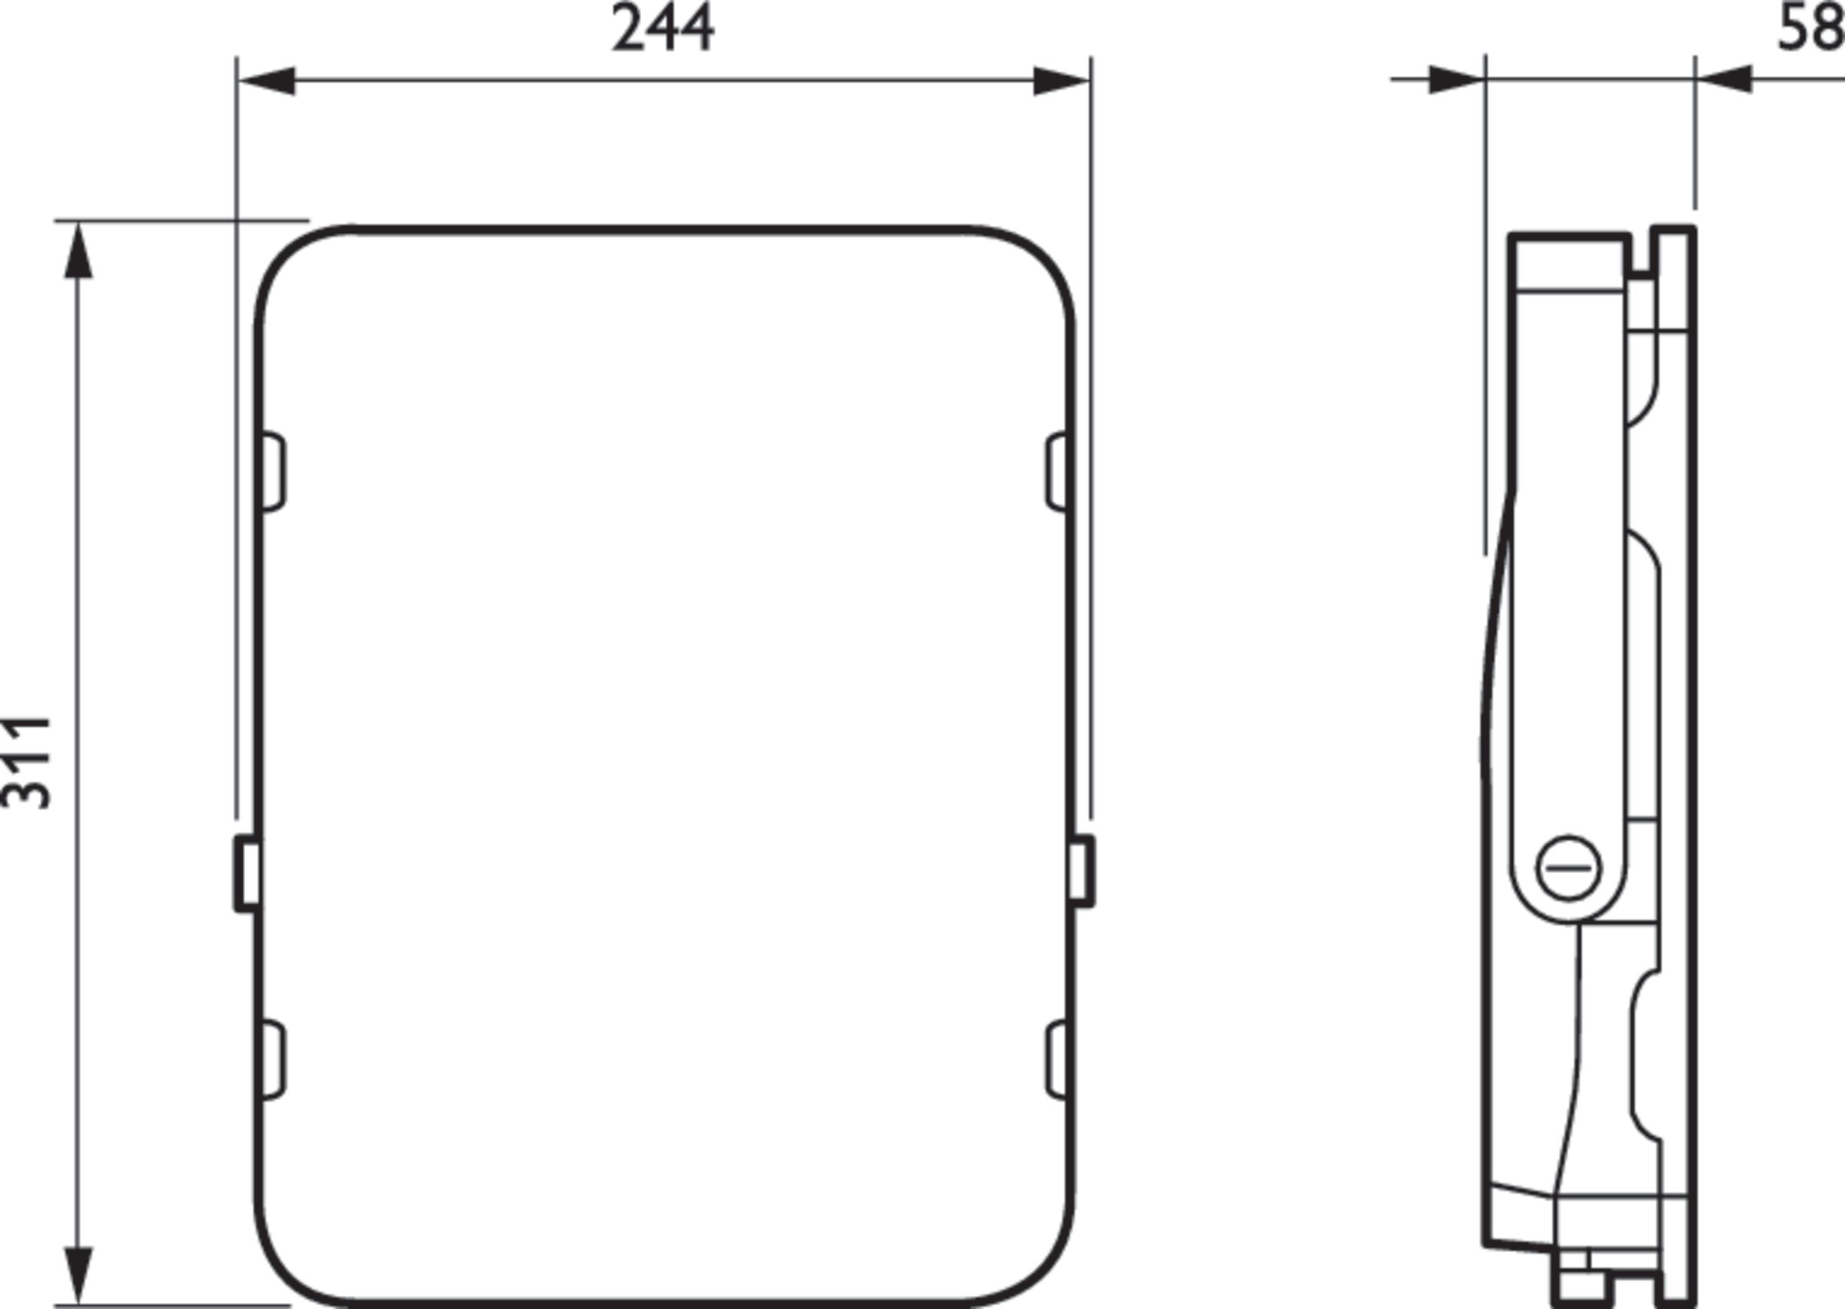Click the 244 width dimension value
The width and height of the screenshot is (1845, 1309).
coord(663,28)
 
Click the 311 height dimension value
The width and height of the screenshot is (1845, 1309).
coord(27,762)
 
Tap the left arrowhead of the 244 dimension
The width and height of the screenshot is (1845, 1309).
coord(267,81)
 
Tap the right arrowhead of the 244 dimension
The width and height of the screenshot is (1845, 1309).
coord(1062,81)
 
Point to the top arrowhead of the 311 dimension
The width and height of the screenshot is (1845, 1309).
coord(78,251)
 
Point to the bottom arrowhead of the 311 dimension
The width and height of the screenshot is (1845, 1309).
coord(78,1275)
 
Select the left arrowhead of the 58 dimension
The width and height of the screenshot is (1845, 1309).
coord(1458,80)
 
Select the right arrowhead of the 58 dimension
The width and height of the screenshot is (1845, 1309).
coord(1724,80)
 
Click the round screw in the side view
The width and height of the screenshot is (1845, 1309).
coord(1568,868)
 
